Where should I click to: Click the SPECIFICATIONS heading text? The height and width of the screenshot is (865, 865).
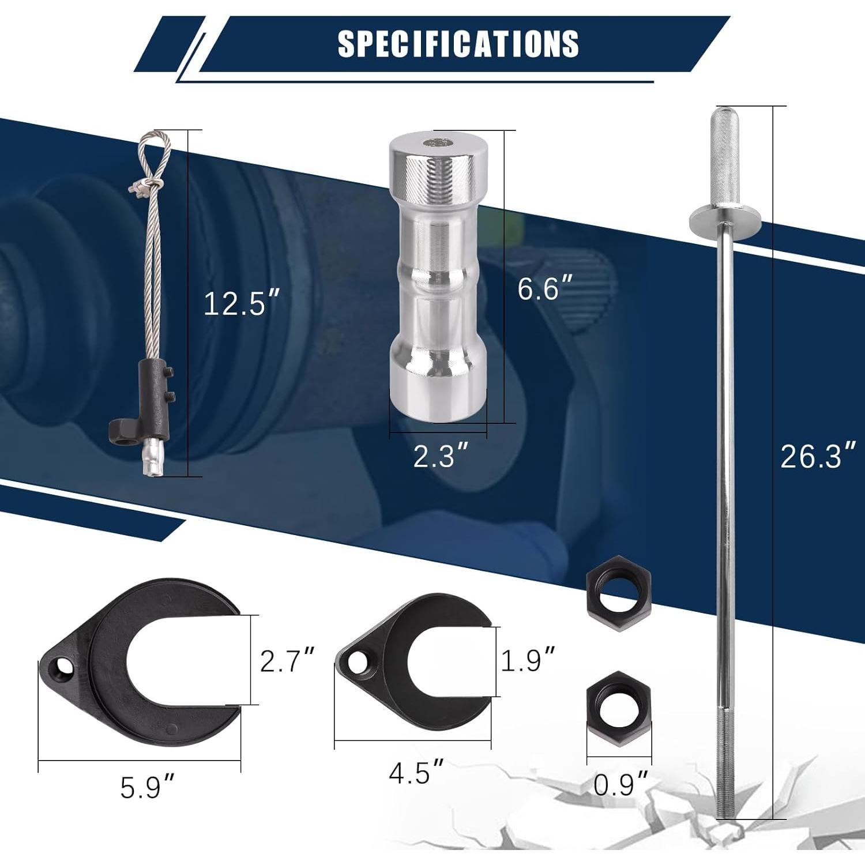tap(458, 43)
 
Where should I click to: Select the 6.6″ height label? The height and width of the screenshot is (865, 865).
tap(545, 288)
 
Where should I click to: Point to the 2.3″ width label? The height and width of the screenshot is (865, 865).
tap(441, 457)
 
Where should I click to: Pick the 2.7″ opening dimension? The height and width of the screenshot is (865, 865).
tap(287, 661)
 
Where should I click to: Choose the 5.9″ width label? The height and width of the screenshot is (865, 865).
tap(147, 788)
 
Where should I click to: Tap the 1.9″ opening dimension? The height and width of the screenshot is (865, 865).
tap(527, 660)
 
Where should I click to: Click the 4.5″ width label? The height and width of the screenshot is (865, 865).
tap(416, 773)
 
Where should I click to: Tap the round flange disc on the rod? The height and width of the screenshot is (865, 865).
tap(725, 218)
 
